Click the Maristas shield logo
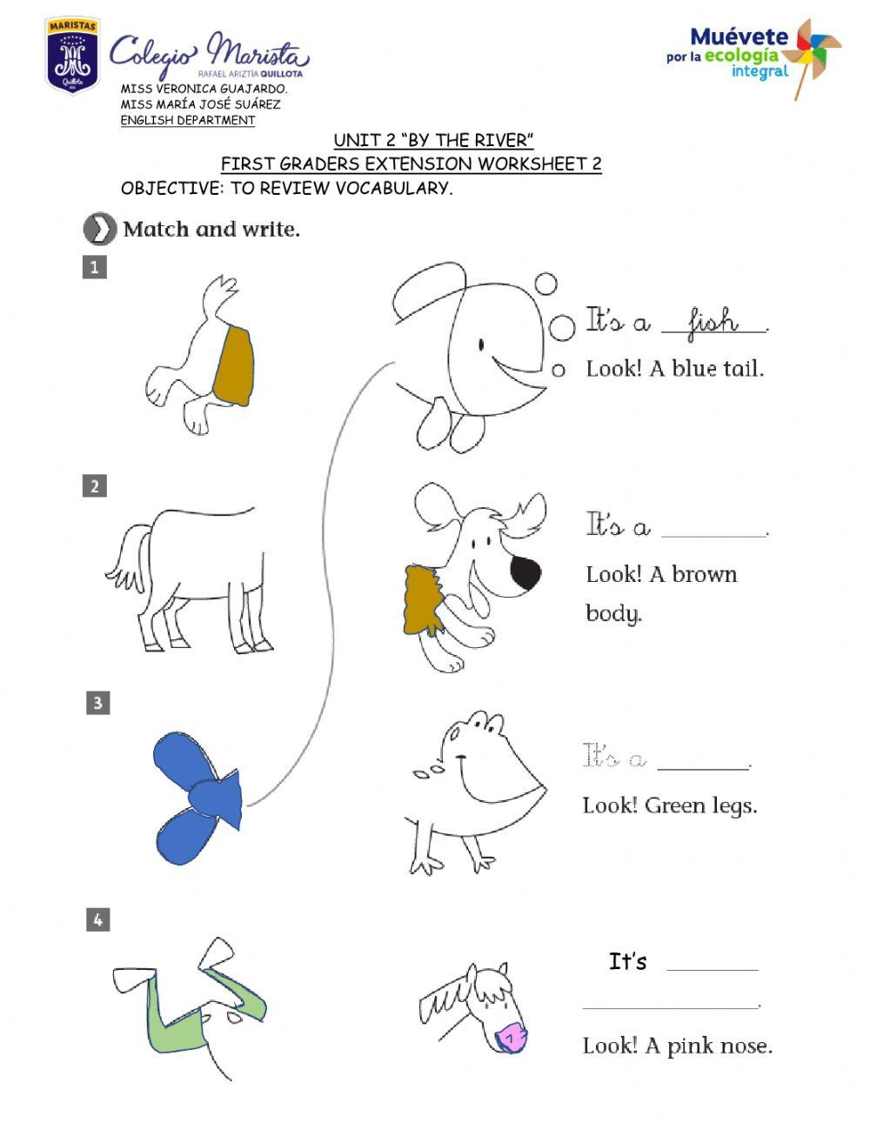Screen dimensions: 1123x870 pos(72,56)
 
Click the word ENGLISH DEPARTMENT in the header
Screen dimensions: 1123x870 pos(187,121)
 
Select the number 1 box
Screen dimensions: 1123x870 pos(94,266)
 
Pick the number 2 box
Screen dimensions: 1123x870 pos(95,485)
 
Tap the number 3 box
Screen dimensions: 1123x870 pos(97,702)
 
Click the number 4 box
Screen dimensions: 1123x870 pos(98,919)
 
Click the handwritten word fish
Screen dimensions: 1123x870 pos(713,323)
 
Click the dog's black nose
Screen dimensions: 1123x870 pos(525,572)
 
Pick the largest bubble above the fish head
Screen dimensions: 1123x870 pos(562,328)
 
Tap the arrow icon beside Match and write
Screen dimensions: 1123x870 pos(100,230)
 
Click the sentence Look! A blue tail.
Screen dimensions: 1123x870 pos(674,368)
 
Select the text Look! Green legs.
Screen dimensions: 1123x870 pos(669,805)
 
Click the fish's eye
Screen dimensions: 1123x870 pos(482,345)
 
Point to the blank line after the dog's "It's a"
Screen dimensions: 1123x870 pos(714,532)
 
